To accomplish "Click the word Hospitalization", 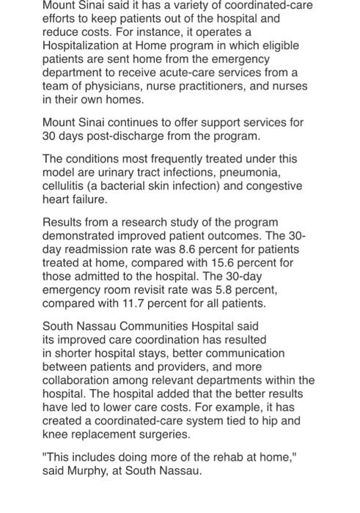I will [x=81, y=45].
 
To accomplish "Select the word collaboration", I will [x=81, y=380].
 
